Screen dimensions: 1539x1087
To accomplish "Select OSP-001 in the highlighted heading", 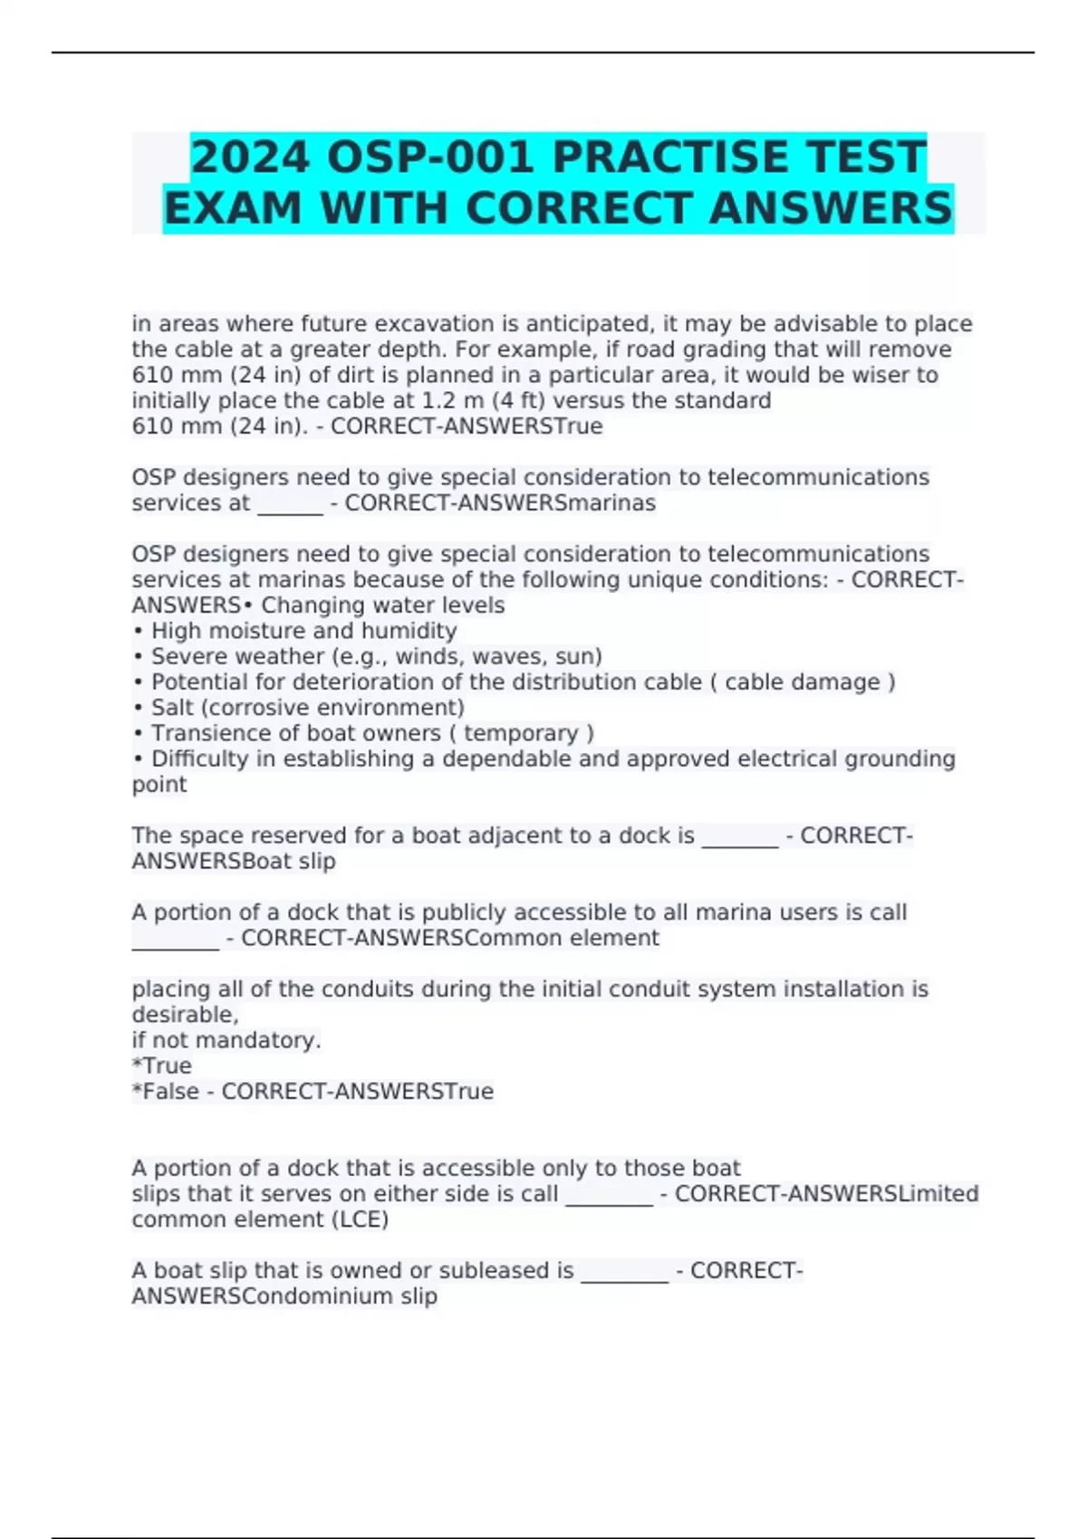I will pyautogui.click(x=429, y=158).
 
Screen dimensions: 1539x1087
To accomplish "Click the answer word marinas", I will pyautogui.click(x=610, y=503).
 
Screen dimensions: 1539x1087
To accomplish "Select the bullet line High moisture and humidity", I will pyautogui.click(x=303, y=631).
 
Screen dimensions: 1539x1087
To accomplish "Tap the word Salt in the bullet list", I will pyautogui.click(x=172, y=708).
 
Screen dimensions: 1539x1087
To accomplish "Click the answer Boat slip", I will pyautogui.click(x=289, y=861).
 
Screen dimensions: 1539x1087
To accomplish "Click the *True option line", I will pyautogui.click(x=162, y=1066).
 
